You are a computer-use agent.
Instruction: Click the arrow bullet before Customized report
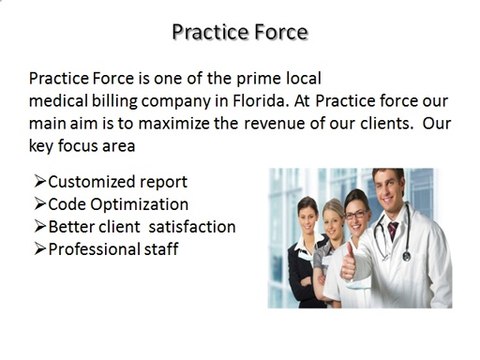pyautogui.click(x=39, y=183)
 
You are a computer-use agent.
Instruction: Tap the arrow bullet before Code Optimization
pyautogui.click(x=39, y=205)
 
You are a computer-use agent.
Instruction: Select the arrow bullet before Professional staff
pyautogui.click(x=39, y=249)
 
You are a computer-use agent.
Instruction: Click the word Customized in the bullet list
pyautogui.click(x=91, y=183)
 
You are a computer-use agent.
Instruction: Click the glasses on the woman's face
pyautogui.click(x=356, y=214)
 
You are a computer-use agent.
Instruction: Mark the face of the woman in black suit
pyautogui.click(x=308, y=216)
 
